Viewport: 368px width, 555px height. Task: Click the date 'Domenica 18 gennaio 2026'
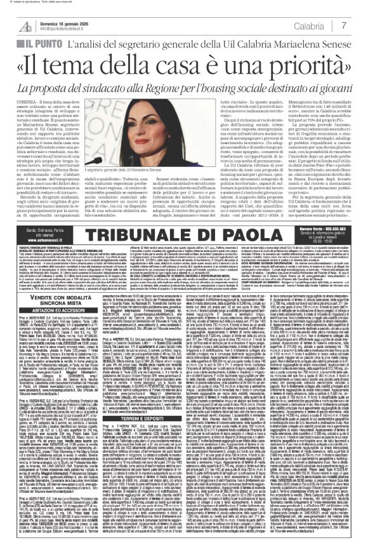[75, 21]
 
